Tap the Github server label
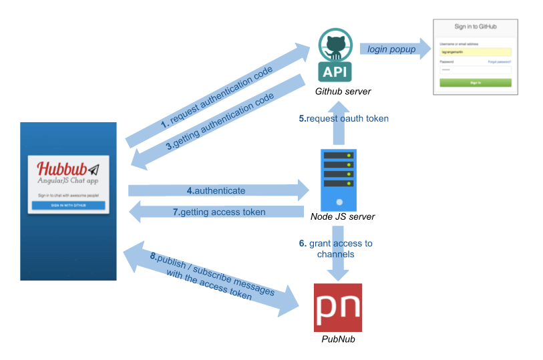343,91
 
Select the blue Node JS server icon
339,179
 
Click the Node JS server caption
343,216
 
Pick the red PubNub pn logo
338,307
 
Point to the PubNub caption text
338,340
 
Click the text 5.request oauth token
343,118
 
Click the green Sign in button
476,83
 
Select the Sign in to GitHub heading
476,27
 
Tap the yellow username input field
476,51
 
